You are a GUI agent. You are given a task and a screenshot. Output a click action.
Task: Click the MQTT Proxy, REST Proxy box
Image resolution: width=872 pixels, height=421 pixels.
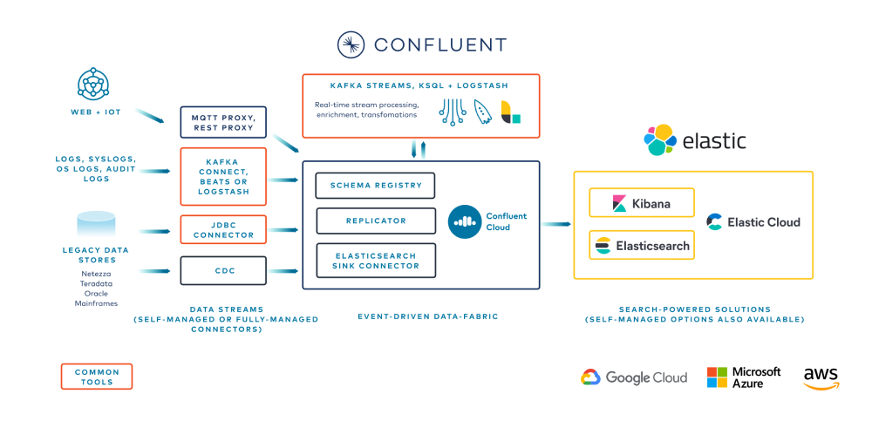tap(222, 122)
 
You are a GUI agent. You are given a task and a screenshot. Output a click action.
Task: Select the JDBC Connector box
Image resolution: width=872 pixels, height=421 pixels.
tap(222, 229)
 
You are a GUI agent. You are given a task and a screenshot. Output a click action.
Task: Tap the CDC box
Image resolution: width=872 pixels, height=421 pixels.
tap(222, 270)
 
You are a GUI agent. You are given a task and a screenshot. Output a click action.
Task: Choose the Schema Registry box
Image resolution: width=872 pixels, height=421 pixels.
tap(375, 185)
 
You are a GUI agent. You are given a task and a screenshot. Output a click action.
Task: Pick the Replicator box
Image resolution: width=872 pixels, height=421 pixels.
tap(375, 221)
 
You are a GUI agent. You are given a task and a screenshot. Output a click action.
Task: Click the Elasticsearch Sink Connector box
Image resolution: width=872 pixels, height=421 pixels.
tap(375, 261)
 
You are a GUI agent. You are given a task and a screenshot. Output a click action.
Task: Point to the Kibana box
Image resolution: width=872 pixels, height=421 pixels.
tap(642, 203)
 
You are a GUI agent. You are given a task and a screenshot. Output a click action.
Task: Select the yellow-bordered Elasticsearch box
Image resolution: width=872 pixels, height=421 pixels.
tap(642, 246)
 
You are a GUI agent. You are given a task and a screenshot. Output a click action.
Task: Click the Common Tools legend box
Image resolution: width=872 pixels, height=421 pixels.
tap(97, 377)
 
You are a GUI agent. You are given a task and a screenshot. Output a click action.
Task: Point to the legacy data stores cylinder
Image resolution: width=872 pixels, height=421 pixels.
tap(96, 223)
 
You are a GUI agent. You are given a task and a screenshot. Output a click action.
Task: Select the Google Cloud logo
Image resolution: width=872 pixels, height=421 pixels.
tap(634, 377)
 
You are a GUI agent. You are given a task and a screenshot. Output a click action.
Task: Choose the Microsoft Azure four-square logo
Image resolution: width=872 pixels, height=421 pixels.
tap(717, 377)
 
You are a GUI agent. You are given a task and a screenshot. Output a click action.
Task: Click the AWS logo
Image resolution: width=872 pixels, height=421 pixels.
tap(821, 377)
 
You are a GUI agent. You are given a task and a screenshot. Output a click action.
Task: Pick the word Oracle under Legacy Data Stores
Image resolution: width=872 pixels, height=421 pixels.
tap(96, 293)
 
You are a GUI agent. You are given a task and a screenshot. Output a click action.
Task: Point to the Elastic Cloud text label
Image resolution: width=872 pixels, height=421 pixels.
tap(763, 222)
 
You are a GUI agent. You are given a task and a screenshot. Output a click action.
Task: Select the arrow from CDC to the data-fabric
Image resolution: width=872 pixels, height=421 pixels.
tap(282, 271)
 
